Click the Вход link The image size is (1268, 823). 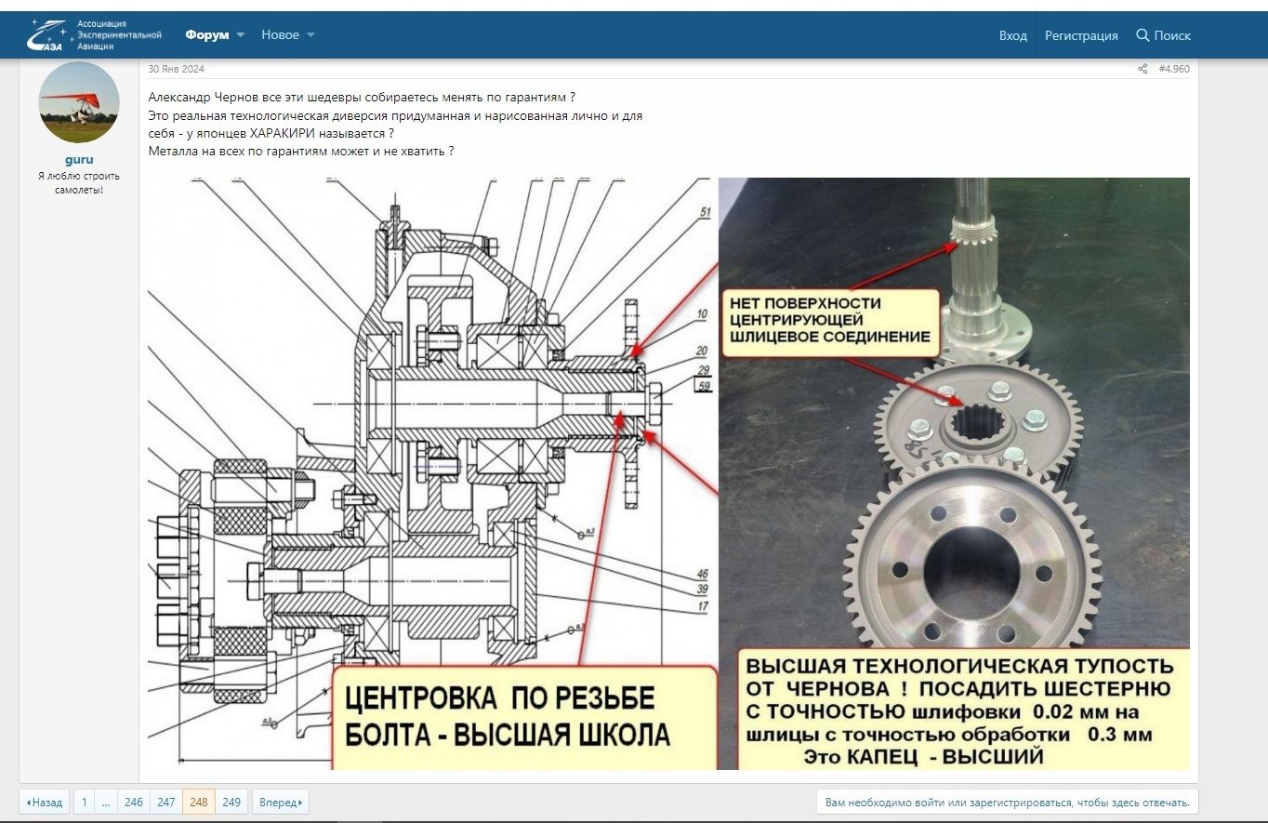click(x=1012, y=35)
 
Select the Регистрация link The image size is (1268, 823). click(x=1080, y=35)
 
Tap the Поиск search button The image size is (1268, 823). click(x=1163, y=35)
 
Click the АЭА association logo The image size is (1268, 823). click(x=94, y=34)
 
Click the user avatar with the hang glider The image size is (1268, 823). click(x=79, y=102)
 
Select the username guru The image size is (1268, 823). click(x=79, y=159)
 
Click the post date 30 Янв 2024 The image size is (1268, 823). click(x=176, y=69)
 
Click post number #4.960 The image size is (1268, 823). click(x=1173, y=69)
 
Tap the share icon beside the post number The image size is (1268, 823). click(x=1143, y=69)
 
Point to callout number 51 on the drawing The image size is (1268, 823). click(x=705, y=213)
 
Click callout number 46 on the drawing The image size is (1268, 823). click(x=702, y=574)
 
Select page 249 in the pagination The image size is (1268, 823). click(x=231, y=802)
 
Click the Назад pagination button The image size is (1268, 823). click(x=45, y=802)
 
